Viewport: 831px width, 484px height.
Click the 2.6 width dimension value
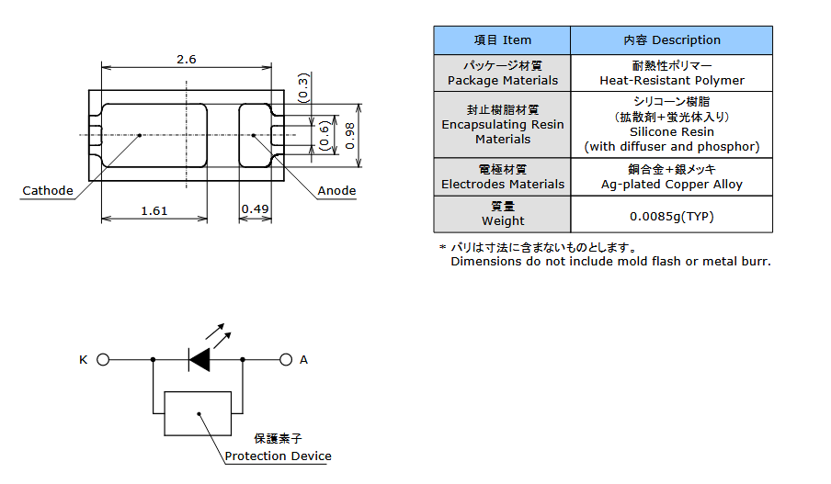point(186,59)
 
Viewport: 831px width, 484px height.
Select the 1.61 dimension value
point(154,210)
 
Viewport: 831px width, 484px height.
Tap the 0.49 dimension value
point(255,210)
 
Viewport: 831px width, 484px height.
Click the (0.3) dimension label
point(304,88)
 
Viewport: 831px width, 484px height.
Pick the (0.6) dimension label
point(323,136)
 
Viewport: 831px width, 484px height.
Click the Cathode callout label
point(48,191)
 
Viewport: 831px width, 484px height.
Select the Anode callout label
point(336,191)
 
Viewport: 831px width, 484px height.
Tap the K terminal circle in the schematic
point(103,360)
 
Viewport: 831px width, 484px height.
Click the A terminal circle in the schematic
point(286,360)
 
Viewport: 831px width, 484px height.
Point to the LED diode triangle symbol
point(199,359)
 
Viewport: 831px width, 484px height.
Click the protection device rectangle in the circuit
point(199,413)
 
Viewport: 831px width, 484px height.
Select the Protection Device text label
point(278,456)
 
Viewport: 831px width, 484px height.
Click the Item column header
point(502,40)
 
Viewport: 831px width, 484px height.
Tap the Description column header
point(671,40)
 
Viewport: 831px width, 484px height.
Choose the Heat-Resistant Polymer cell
point(671,80)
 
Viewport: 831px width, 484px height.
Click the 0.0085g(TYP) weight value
point(671,217)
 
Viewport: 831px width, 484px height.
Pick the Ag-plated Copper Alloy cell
point(671,184)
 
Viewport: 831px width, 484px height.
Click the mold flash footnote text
point(609,261)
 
